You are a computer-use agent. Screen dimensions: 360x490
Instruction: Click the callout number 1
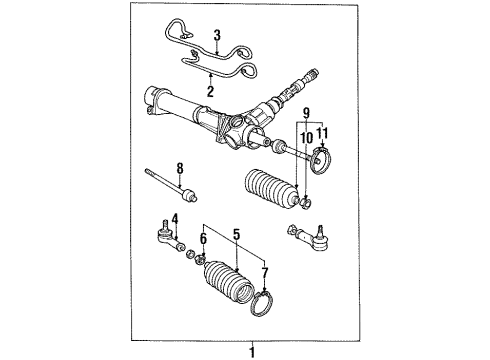pyautogui.click(x=253, y=351)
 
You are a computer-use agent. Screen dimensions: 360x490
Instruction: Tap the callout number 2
pyautogui.click(x=209, y=92)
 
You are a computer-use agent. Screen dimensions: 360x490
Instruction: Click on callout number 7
pyautogui.click(x=264, y=273)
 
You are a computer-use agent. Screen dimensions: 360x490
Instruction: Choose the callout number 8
pyautogui.click(x=181, y=168)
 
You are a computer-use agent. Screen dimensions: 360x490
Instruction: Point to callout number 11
pyautogui.click(x=322, y=133)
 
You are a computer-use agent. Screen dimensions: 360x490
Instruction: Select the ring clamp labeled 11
pyautogui.click(x=323, y=158)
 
